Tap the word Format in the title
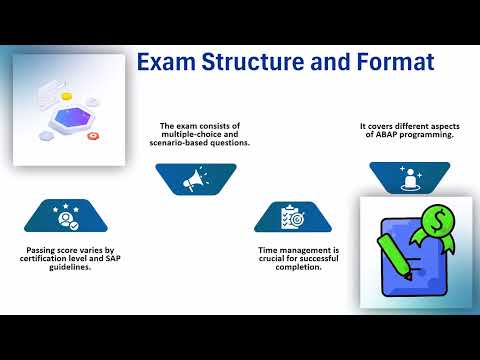coord(394,63)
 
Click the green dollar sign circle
coord(437,219)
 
